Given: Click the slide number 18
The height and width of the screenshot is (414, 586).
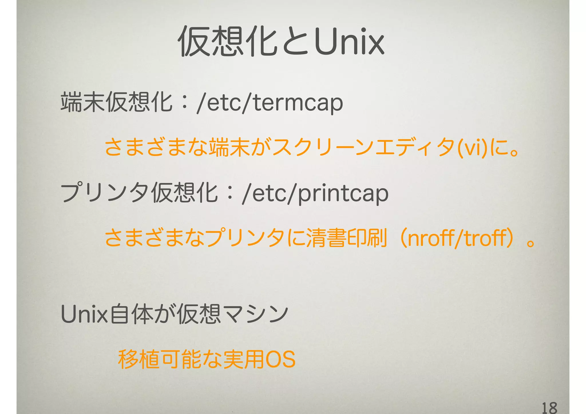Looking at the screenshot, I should (x=549, y=407).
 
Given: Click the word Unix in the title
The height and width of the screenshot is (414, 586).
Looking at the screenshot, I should (x=349, y=42).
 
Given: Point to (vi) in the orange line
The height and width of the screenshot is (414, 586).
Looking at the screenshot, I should (x=472, y=149).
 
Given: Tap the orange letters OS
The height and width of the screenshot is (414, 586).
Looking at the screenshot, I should (x=280, y=359).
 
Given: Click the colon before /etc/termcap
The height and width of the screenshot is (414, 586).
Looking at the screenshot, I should (x=185, y=103).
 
